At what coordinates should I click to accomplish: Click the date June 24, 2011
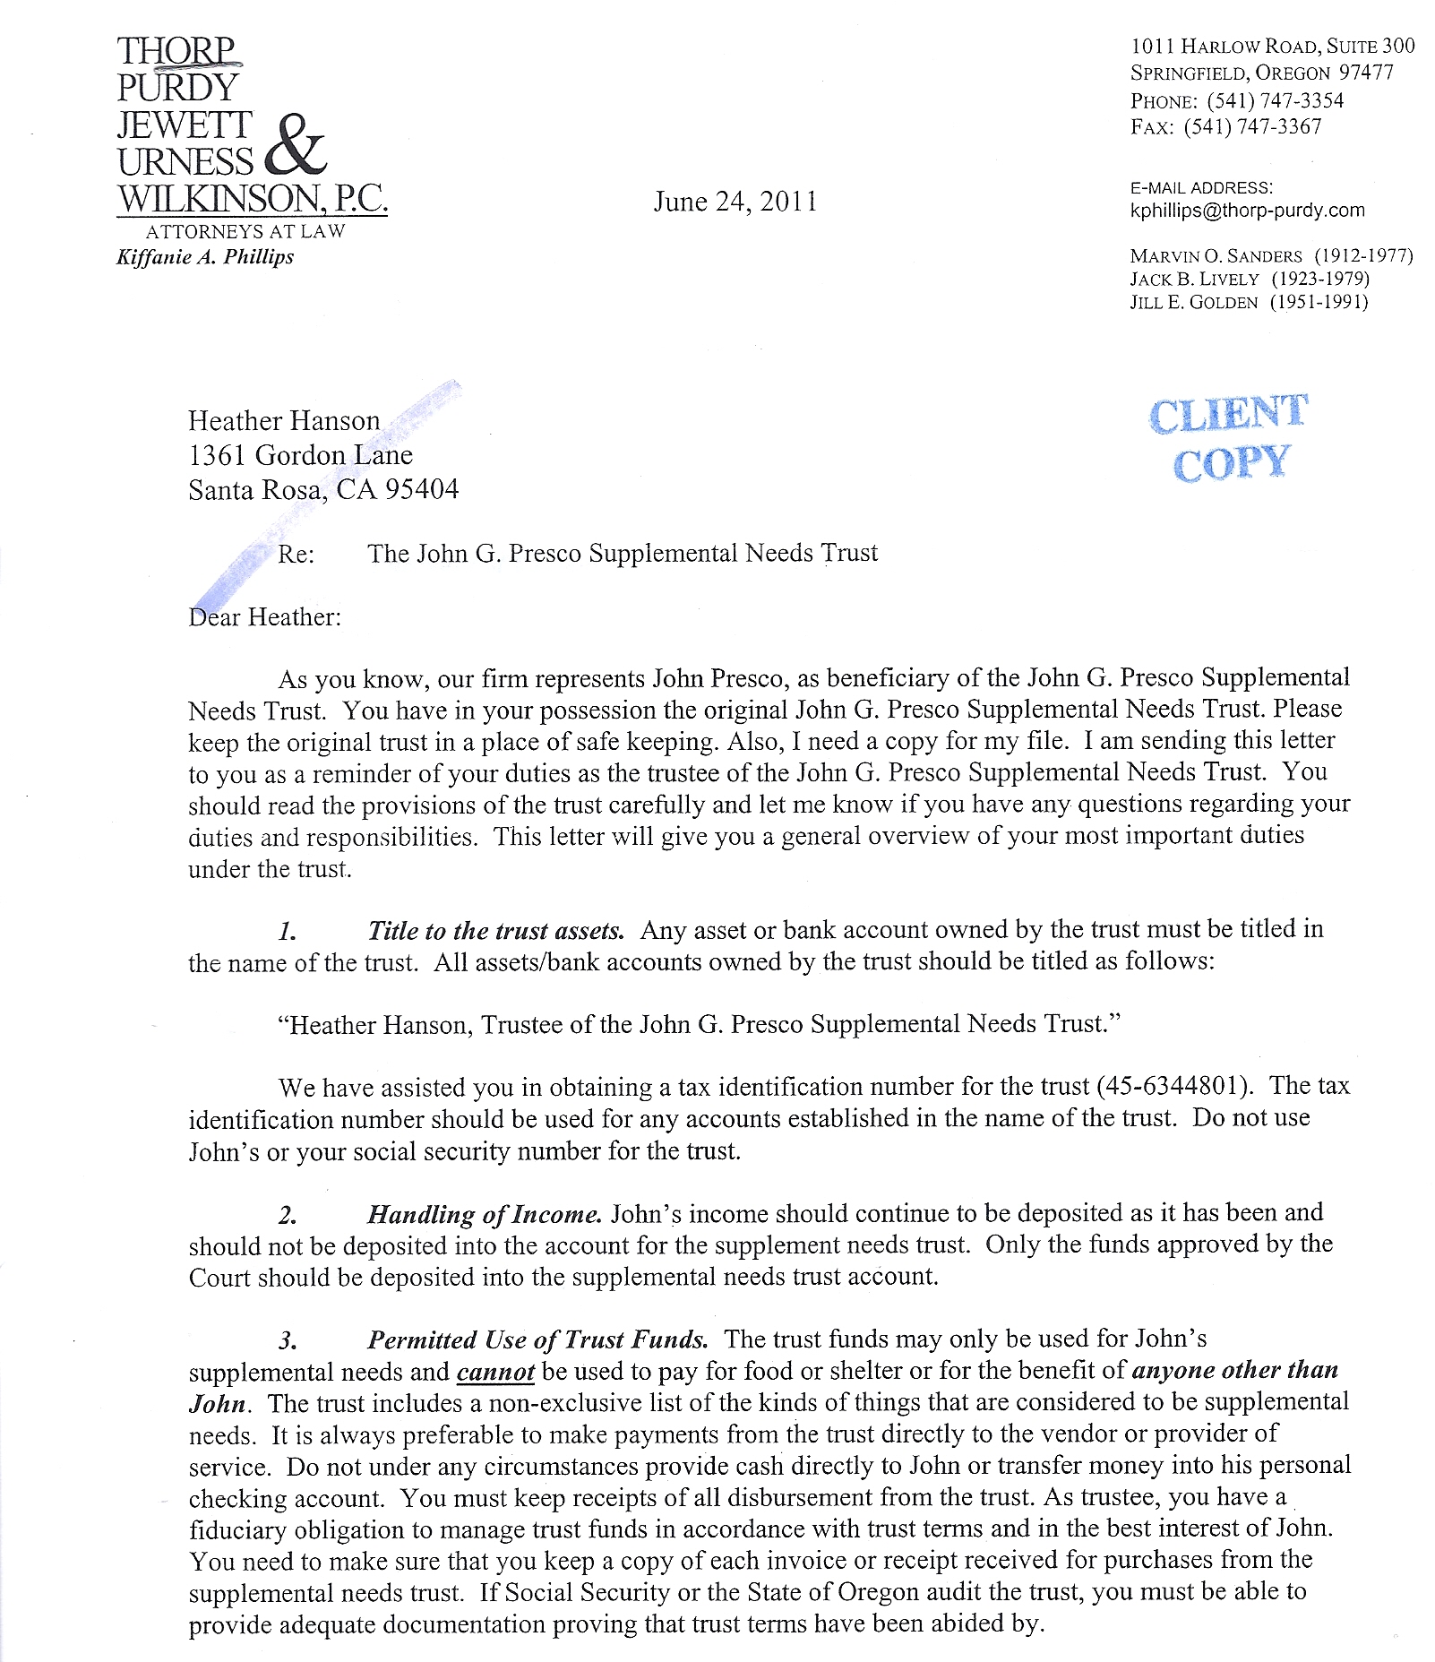coord(735,202)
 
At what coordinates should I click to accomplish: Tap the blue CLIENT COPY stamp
coord(1229,438)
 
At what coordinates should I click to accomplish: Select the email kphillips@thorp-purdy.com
coord(1247,211)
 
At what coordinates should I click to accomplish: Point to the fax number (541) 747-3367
coord(1252,127)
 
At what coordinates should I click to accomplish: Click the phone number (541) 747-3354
coord(1275,100)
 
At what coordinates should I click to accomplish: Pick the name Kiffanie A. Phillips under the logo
coord(205,257)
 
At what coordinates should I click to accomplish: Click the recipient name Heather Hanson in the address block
coord(284,421)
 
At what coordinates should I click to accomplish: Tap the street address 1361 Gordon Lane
coord(300,455)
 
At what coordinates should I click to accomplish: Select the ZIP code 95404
coord(422,489)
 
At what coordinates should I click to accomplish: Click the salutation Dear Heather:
coord(264,617)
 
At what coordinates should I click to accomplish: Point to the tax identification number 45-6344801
coord(1173,1086)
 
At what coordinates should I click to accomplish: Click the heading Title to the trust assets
coord(495,931)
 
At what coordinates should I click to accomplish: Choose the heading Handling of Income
coord(484,1215)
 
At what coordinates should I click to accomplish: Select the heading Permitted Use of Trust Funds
coord(537,1339)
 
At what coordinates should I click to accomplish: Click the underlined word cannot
coord(495,1372)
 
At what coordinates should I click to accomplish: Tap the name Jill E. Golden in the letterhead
coord(1193,303)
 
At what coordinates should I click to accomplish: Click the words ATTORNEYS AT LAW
coord(245,231)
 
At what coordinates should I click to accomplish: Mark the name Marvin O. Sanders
coord(1216,256)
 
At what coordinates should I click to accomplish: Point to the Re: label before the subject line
coord(296,554)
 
